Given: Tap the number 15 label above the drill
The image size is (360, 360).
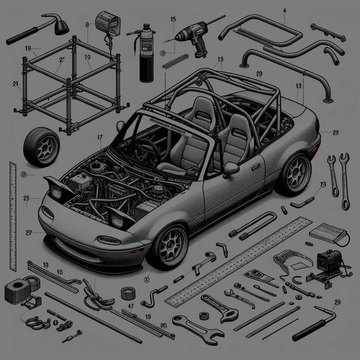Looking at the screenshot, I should [173, 19].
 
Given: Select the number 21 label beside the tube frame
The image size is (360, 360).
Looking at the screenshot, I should [14, 84].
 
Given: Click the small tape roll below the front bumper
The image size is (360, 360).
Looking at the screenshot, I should [127, 293].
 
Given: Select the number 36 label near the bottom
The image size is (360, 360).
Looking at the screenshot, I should [163, 326].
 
